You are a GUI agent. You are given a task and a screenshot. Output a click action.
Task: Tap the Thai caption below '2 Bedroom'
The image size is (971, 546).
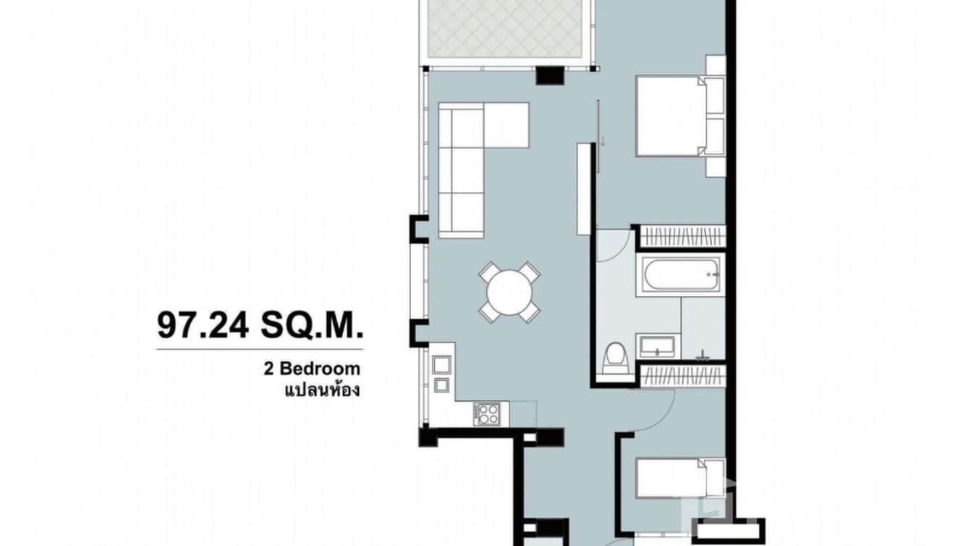(x=322, y=390)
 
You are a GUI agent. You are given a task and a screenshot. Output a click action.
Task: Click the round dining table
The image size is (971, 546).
(x=509, y=292)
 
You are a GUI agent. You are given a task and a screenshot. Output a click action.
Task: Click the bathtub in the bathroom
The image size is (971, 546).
(x=679, y=275)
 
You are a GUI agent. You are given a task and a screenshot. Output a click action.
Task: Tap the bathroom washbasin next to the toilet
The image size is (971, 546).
(x=658, y=346)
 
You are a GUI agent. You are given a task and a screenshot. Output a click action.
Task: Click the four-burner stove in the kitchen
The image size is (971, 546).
(x=486, y=413)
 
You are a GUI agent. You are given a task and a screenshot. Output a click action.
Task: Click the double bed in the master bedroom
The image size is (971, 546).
(x=669, y=116)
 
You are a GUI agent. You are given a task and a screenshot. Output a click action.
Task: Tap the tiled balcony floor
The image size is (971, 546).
(x=506, y=29)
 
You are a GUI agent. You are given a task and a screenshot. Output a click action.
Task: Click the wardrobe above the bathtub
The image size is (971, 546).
(x=683, y=236)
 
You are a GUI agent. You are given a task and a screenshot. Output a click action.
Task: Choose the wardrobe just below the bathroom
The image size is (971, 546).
(x=683, y=375)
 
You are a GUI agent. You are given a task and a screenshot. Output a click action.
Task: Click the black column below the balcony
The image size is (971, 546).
(x=549, y=75)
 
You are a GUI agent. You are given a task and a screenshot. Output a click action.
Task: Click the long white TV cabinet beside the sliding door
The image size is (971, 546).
(x=584, y=188)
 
